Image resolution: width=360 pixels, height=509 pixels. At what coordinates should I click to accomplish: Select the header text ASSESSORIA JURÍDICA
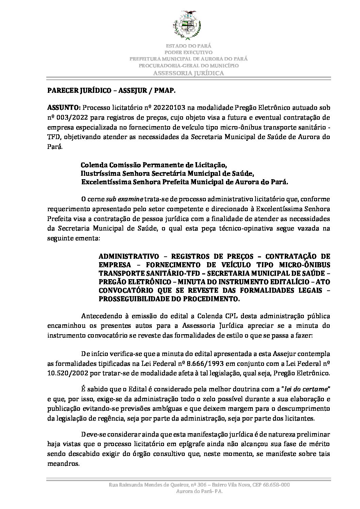(188, 73)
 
